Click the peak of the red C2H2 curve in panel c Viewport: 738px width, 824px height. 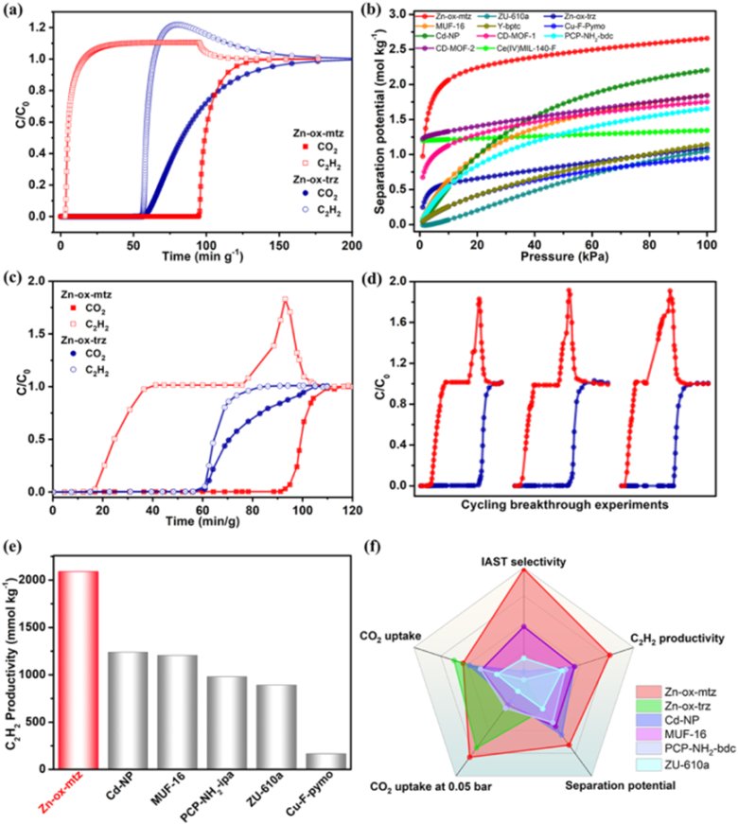[284, 300]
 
